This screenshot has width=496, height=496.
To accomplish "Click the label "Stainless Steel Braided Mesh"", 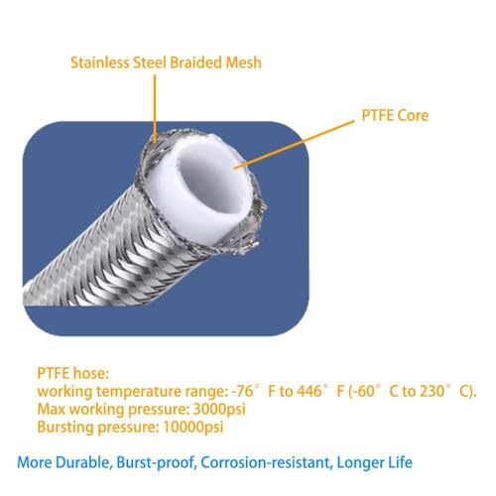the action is click(166, 62).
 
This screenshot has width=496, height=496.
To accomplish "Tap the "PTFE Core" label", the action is click(395, 115).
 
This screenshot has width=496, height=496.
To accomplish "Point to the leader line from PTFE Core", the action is click(294, 145).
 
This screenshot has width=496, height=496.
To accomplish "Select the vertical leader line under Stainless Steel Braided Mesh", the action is click(155, 109).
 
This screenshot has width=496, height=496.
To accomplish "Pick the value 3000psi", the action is click(219, 409).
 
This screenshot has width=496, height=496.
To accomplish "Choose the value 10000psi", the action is click(193, 427).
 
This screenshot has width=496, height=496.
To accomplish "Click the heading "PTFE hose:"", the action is click(72, 373).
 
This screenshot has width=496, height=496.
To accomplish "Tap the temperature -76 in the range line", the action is click(243, 391).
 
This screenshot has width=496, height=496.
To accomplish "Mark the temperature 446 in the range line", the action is click(310, 391).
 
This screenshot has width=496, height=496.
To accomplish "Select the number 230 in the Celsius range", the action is click(433, 391).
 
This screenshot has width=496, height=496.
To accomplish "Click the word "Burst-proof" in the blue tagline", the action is click(155, 462).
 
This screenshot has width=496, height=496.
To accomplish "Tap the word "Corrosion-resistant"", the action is click(266, 462).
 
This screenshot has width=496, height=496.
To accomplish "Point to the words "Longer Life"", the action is click(374, 462).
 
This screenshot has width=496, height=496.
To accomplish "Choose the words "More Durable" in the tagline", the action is click(62, 462).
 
